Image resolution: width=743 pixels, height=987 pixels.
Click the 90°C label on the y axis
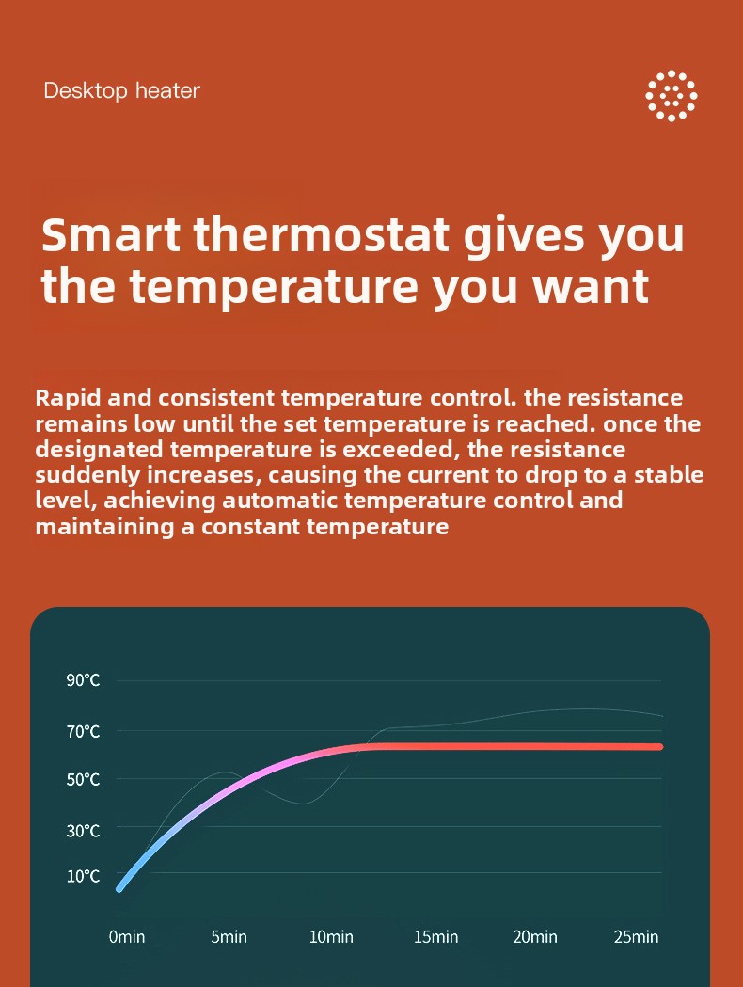83,680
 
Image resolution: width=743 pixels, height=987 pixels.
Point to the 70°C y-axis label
83,732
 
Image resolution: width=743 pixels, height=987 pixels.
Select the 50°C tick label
83,780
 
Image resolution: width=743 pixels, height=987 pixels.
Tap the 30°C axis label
83,831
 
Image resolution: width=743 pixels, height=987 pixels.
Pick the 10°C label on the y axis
83,876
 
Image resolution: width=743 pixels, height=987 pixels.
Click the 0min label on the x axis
126,936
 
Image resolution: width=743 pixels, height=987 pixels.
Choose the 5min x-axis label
229,936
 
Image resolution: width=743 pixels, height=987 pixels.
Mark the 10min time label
331,936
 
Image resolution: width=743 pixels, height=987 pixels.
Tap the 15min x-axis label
435,936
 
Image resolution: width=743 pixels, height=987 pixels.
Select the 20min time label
535,936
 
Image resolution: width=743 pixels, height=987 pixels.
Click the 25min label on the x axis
636,936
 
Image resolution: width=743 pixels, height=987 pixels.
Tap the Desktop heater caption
121,90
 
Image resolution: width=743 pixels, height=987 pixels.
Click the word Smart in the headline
111,234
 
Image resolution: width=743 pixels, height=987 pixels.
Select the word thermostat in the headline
322,234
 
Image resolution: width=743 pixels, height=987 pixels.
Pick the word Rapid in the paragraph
67,399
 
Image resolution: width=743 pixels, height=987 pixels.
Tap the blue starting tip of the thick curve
119,889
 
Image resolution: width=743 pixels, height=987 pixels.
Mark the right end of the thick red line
660,746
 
